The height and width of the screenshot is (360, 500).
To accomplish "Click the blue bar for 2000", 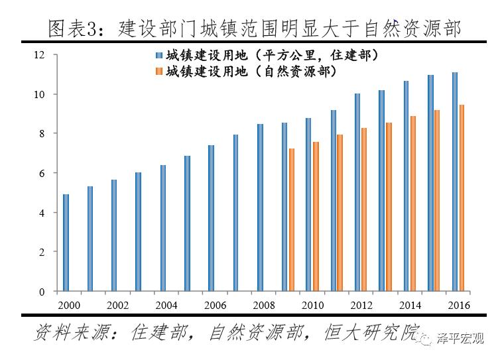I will click(66, 243).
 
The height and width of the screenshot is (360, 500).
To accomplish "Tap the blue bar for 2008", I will click(260, 208).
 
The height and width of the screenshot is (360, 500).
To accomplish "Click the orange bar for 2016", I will click(461, 198).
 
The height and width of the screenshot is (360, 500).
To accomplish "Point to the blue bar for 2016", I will click(454, 182).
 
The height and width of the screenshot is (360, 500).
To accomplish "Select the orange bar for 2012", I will click(364, 210).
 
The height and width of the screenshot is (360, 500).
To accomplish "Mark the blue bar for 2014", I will click(406, 186).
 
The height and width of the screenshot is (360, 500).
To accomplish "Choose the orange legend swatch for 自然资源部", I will click(159, 71).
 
